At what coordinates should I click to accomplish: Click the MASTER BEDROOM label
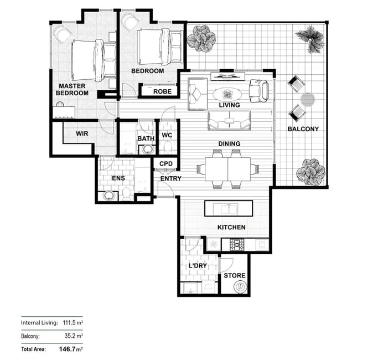[72, 90]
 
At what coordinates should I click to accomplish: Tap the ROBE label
[163, 91]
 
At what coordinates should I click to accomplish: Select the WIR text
[82, 133]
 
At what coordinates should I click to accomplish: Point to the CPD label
[166, 164]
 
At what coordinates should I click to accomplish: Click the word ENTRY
[171, 178]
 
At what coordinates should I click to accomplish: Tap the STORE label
[235, 276]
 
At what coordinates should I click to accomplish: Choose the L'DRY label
[198, 266]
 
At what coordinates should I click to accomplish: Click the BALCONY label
[303, 129]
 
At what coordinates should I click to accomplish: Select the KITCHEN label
[231, 227]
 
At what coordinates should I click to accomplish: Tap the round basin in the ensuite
[108, 195]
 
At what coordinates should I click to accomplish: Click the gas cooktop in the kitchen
[237, 244]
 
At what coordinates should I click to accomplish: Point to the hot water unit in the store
[240, 287]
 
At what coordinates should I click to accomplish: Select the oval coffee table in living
[227, 94]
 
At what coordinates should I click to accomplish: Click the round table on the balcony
[308, 99]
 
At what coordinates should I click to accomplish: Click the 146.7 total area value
[68, 349]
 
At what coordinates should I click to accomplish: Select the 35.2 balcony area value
[70, 336]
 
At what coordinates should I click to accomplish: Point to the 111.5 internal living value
[69, 322]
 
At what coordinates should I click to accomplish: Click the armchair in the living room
[258, 91]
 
